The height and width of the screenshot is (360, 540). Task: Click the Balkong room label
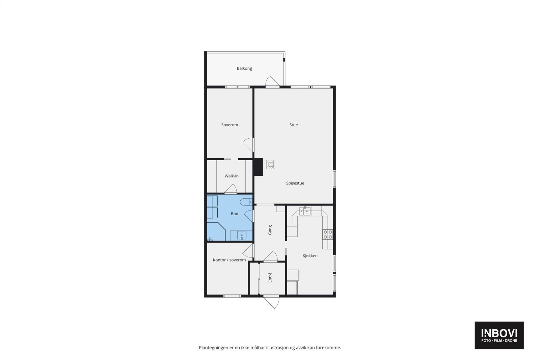click(244, 68)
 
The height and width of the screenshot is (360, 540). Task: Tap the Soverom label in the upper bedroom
click(230, 125)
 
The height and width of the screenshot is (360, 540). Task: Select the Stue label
click(294, 125)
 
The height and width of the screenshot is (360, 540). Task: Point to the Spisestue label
click(295, 183)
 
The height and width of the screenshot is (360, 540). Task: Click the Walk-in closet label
click(232, 176)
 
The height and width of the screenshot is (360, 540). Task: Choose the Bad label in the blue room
click(235, 214)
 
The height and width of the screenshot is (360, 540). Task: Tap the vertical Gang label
click(270, 230)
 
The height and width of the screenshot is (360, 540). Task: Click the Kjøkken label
click(310, 256)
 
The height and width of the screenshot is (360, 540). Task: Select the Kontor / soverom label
click(229, 260)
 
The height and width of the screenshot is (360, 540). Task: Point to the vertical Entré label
click(270, 277)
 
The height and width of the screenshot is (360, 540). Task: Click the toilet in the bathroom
click(245, 202)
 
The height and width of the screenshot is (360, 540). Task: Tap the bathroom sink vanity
click(241, 235)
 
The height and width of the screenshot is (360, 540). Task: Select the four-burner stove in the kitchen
click(328, 234)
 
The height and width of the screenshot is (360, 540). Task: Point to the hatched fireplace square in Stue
click(270, 164)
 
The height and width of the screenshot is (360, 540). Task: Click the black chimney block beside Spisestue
click(259, 167)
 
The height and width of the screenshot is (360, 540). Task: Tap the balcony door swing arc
click(272, 82)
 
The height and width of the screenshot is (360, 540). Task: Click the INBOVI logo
click(499, 335)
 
